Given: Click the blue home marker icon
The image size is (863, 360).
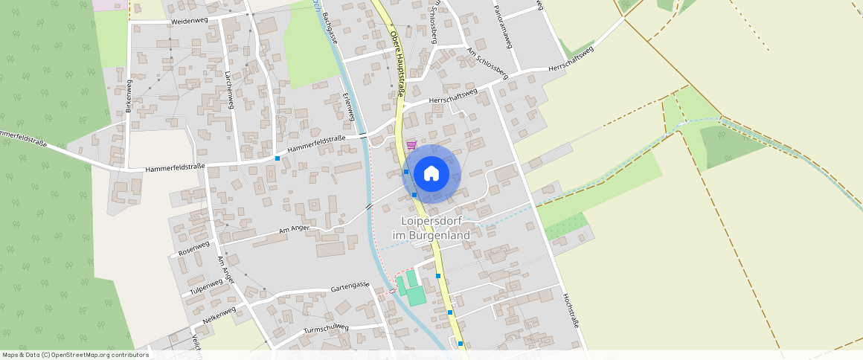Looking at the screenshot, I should point(431,174).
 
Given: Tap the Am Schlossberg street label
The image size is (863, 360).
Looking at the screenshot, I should point(487,64).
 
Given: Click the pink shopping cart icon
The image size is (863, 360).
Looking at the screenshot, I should point(411,144).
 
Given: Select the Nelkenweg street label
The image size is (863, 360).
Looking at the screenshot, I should point(219,315).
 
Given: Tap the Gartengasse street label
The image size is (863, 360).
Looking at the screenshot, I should point(350,286).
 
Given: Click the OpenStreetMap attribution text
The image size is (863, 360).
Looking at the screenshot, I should point(75,355).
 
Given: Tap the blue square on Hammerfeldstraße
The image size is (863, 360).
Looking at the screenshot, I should point(277,158).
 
